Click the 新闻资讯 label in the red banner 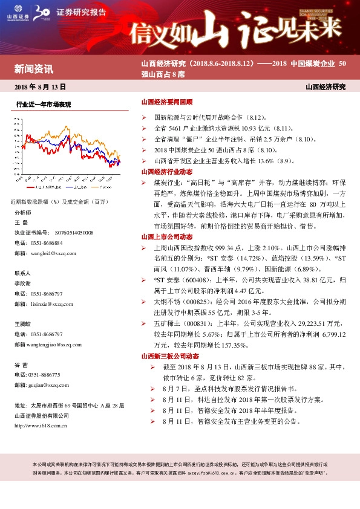pos(33,68)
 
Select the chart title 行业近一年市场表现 pos(44,105)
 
